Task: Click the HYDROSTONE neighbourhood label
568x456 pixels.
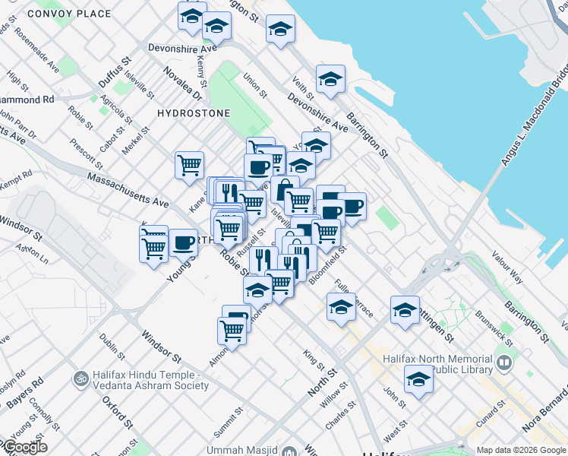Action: [193, 112]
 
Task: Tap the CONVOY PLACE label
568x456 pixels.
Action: [69, 14]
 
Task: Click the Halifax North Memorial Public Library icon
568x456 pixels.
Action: [505, 364]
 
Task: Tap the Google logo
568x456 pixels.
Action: [24, 447]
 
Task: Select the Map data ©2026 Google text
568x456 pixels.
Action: [520, 450]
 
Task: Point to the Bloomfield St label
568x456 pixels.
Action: [327, 264]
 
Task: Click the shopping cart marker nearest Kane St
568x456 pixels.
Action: [188, 164]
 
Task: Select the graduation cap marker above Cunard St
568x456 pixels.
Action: [418, 380]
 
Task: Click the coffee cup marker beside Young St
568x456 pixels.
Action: [183, 243]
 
